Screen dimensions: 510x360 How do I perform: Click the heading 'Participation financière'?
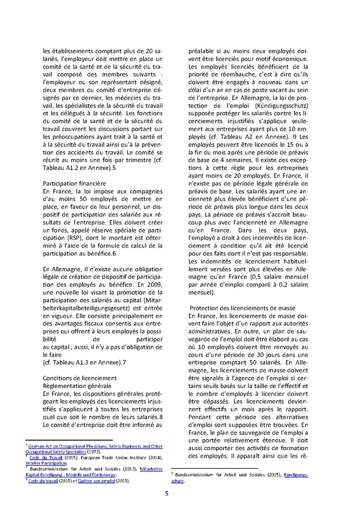pyautogui.click(x=72, y=182)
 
